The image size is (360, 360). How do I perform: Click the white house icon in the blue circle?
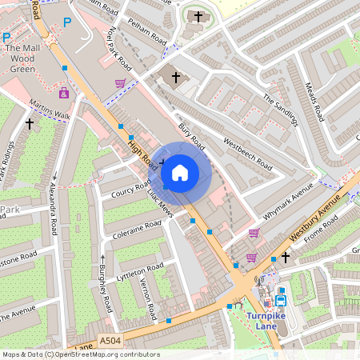click(x=180, y=172)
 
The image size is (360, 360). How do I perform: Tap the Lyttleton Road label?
click(x=140, y=270)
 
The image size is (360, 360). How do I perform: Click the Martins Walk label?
click(x=50, y=111)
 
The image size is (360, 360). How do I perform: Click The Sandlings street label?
click(x=280, y=110)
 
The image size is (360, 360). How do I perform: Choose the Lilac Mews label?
click(x=159, y=202)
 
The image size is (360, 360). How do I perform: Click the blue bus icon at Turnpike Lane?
click(x=280, y=301)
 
